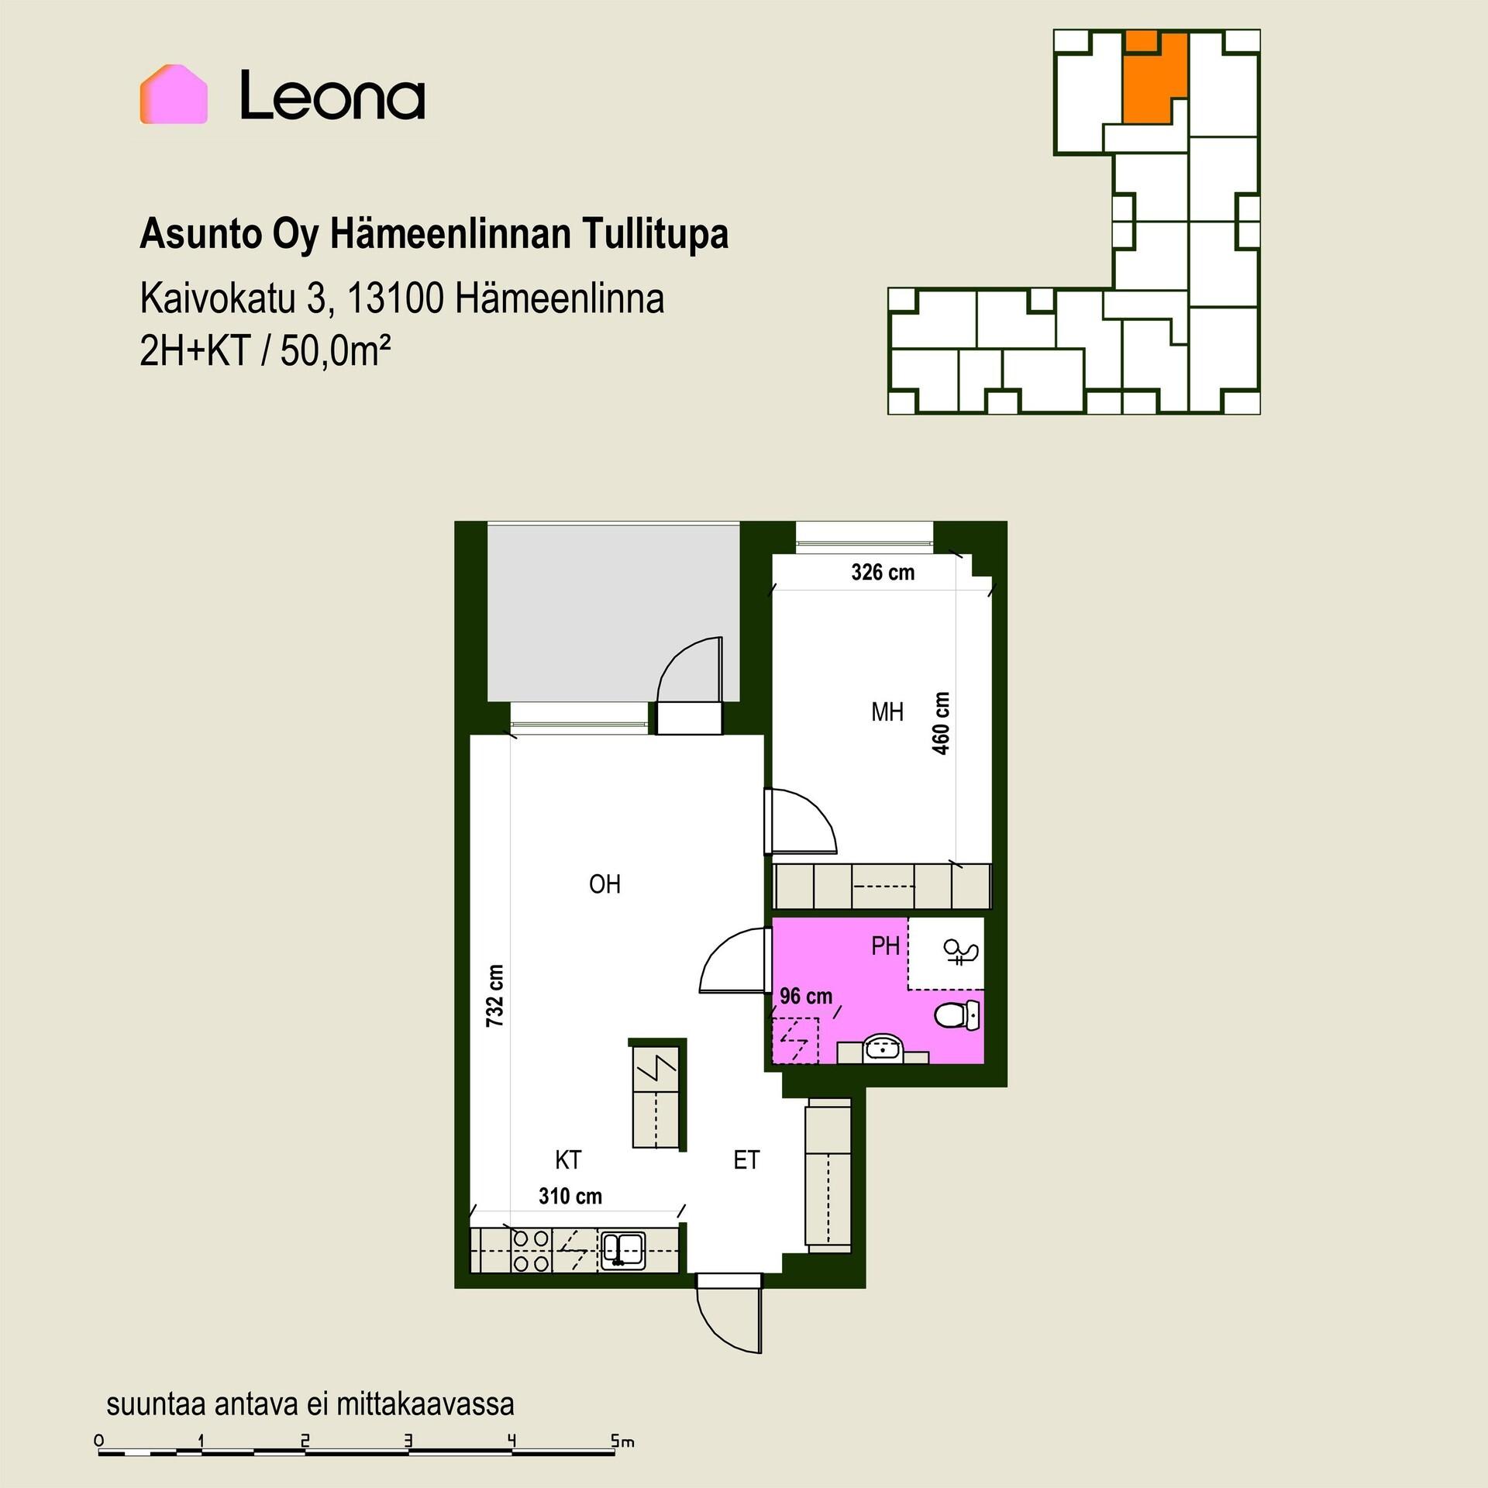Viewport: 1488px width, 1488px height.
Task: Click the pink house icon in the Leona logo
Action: (x=174, y=95)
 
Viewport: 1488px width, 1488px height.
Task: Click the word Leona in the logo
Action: (x=332, y=95)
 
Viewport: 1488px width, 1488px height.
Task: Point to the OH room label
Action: (x=604, y=884)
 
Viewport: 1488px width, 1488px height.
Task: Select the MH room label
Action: (x=887, y=711)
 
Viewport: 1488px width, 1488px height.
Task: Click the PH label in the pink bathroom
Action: (x=885, y=945)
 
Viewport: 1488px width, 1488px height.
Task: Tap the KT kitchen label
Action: (x=568, y=1160)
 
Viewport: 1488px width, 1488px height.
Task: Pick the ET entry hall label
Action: (x=746, y=1160)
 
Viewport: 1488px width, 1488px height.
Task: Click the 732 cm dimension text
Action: (x=495, y=996)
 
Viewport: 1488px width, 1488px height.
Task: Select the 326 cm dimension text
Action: (x=883, y=573)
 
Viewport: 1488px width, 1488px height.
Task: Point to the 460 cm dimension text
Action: (x=941, y=723)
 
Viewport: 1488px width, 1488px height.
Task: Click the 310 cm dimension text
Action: (x=570, y=1197)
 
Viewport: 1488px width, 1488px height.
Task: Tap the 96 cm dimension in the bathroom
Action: (x=806, y=996)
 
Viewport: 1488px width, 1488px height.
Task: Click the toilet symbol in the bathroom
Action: (x=957, y=1014)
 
